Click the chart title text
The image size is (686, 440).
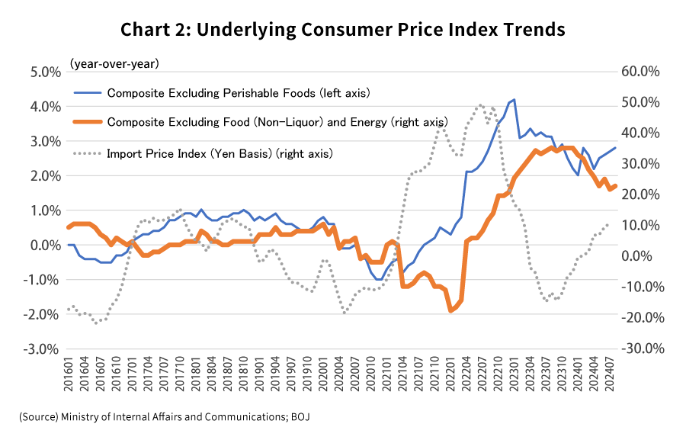click(x=342, y=30)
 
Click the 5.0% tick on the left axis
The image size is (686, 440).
click(x=45, y=72)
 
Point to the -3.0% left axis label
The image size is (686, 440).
click(x=43, y=349)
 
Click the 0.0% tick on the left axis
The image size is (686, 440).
click(x=45, y=246)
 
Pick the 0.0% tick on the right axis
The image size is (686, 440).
click(x=643, y=256)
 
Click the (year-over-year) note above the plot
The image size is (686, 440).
click(x=114, y=64)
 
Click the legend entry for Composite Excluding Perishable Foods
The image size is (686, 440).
click(x=238, y=94)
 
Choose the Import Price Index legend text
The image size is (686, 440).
click(x=220, y=153)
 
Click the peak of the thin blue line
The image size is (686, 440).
click(x=514, y=99)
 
